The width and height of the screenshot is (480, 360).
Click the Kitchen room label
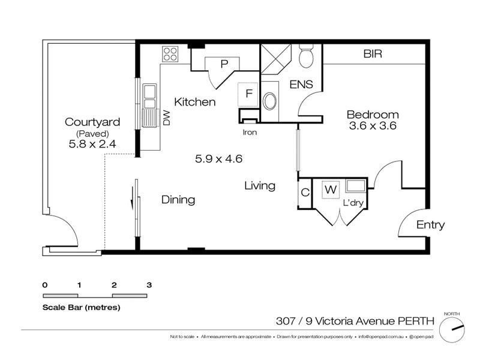point(194,102)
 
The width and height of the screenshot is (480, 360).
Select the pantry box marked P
point(223,63)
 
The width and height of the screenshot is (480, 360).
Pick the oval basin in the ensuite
point(271,101)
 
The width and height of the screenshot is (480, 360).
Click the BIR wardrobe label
point(373,54)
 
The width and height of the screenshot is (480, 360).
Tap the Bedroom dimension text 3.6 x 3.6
point(373,127)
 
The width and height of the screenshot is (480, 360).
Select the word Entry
point(431,225)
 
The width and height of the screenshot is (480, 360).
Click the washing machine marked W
point(330,190)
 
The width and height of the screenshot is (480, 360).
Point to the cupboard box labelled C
point(305,193)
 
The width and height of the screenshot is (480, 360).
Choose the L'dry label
point(354,203)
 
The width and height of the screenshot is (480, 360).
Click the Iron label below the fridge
point(250,132)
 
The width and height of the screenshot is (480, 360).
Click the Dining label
point(178,200)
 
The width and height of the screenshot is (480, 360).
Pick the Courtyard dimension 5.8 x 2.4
point(92,145)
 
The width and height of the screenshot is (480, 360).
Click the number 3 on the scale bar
point(148,284)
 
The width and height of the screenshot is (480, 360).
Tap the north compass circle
point(452,329)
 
